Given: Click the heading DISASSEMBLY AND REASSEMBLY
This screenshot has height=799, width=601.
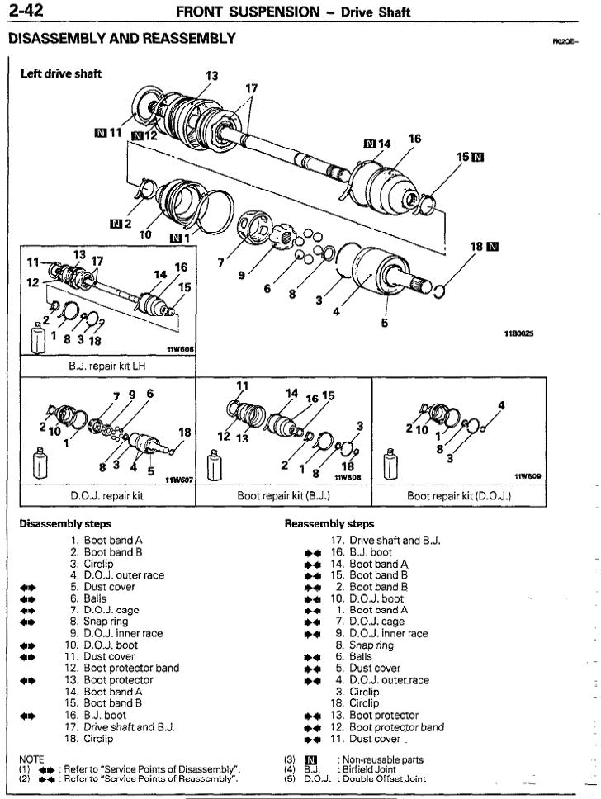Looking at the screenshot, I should [121, 39].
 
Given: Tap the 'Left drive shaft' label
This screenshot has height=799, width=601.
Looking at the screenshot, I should [60, 73].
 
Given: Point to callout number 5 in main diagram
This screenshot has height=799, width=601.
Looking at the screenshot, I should [384, 323].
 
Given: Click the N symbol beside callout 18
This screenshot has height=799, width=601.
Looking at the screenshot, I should [494, 246].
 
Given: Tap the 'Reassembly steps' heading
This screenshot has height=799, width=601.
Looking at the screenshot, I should [329, 523].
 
